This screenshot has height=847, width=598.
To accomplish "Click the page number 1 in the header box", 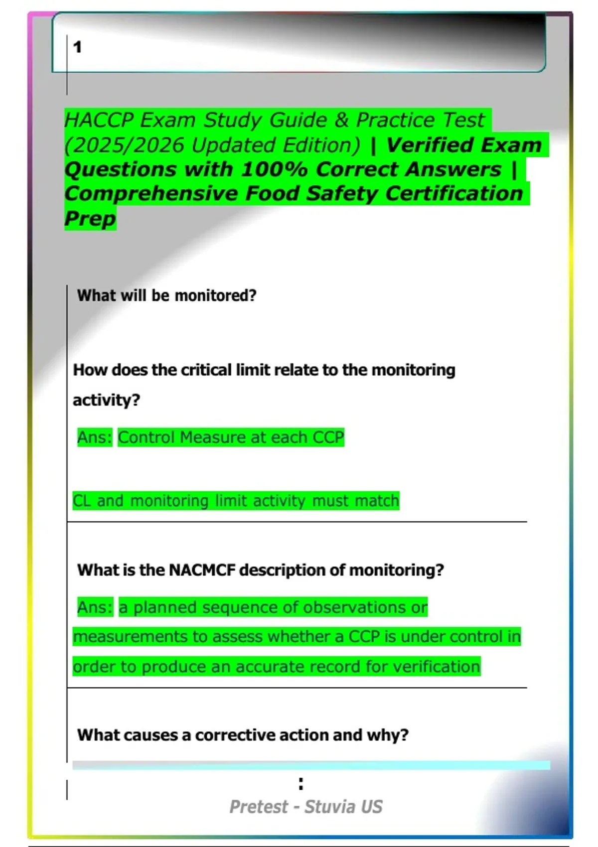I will pos(77,47).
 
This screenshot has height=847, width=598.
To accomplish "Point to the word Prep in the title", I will pos(90,218).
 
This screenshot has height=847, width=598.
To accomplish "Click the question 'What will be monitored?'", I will pos(166,295).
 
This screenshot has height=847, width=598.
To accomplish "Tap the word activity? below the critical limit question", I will pos(106,400).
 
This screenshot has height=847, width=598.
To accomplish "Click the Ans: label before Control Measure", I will pos(95,437).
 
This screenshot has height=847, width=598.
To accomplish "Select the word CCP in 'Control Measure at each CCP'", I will pos(328,437).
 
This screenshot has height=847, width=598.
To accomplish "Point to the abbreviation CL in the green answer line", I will pos(82,501).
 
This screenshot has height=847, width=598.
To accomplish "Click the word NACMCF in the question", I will pos(202,570).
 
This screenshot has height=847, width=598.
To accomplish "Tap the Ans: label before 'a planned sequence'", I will pos(95,607).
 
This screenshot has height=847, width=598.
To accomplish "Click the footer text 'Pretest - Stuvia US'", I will pos(305,807).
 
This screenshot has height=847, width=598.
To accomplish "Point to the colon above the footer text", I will pos(300,784).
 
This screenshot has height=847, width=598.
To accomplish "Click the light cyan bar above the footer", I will pos(311,765).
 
